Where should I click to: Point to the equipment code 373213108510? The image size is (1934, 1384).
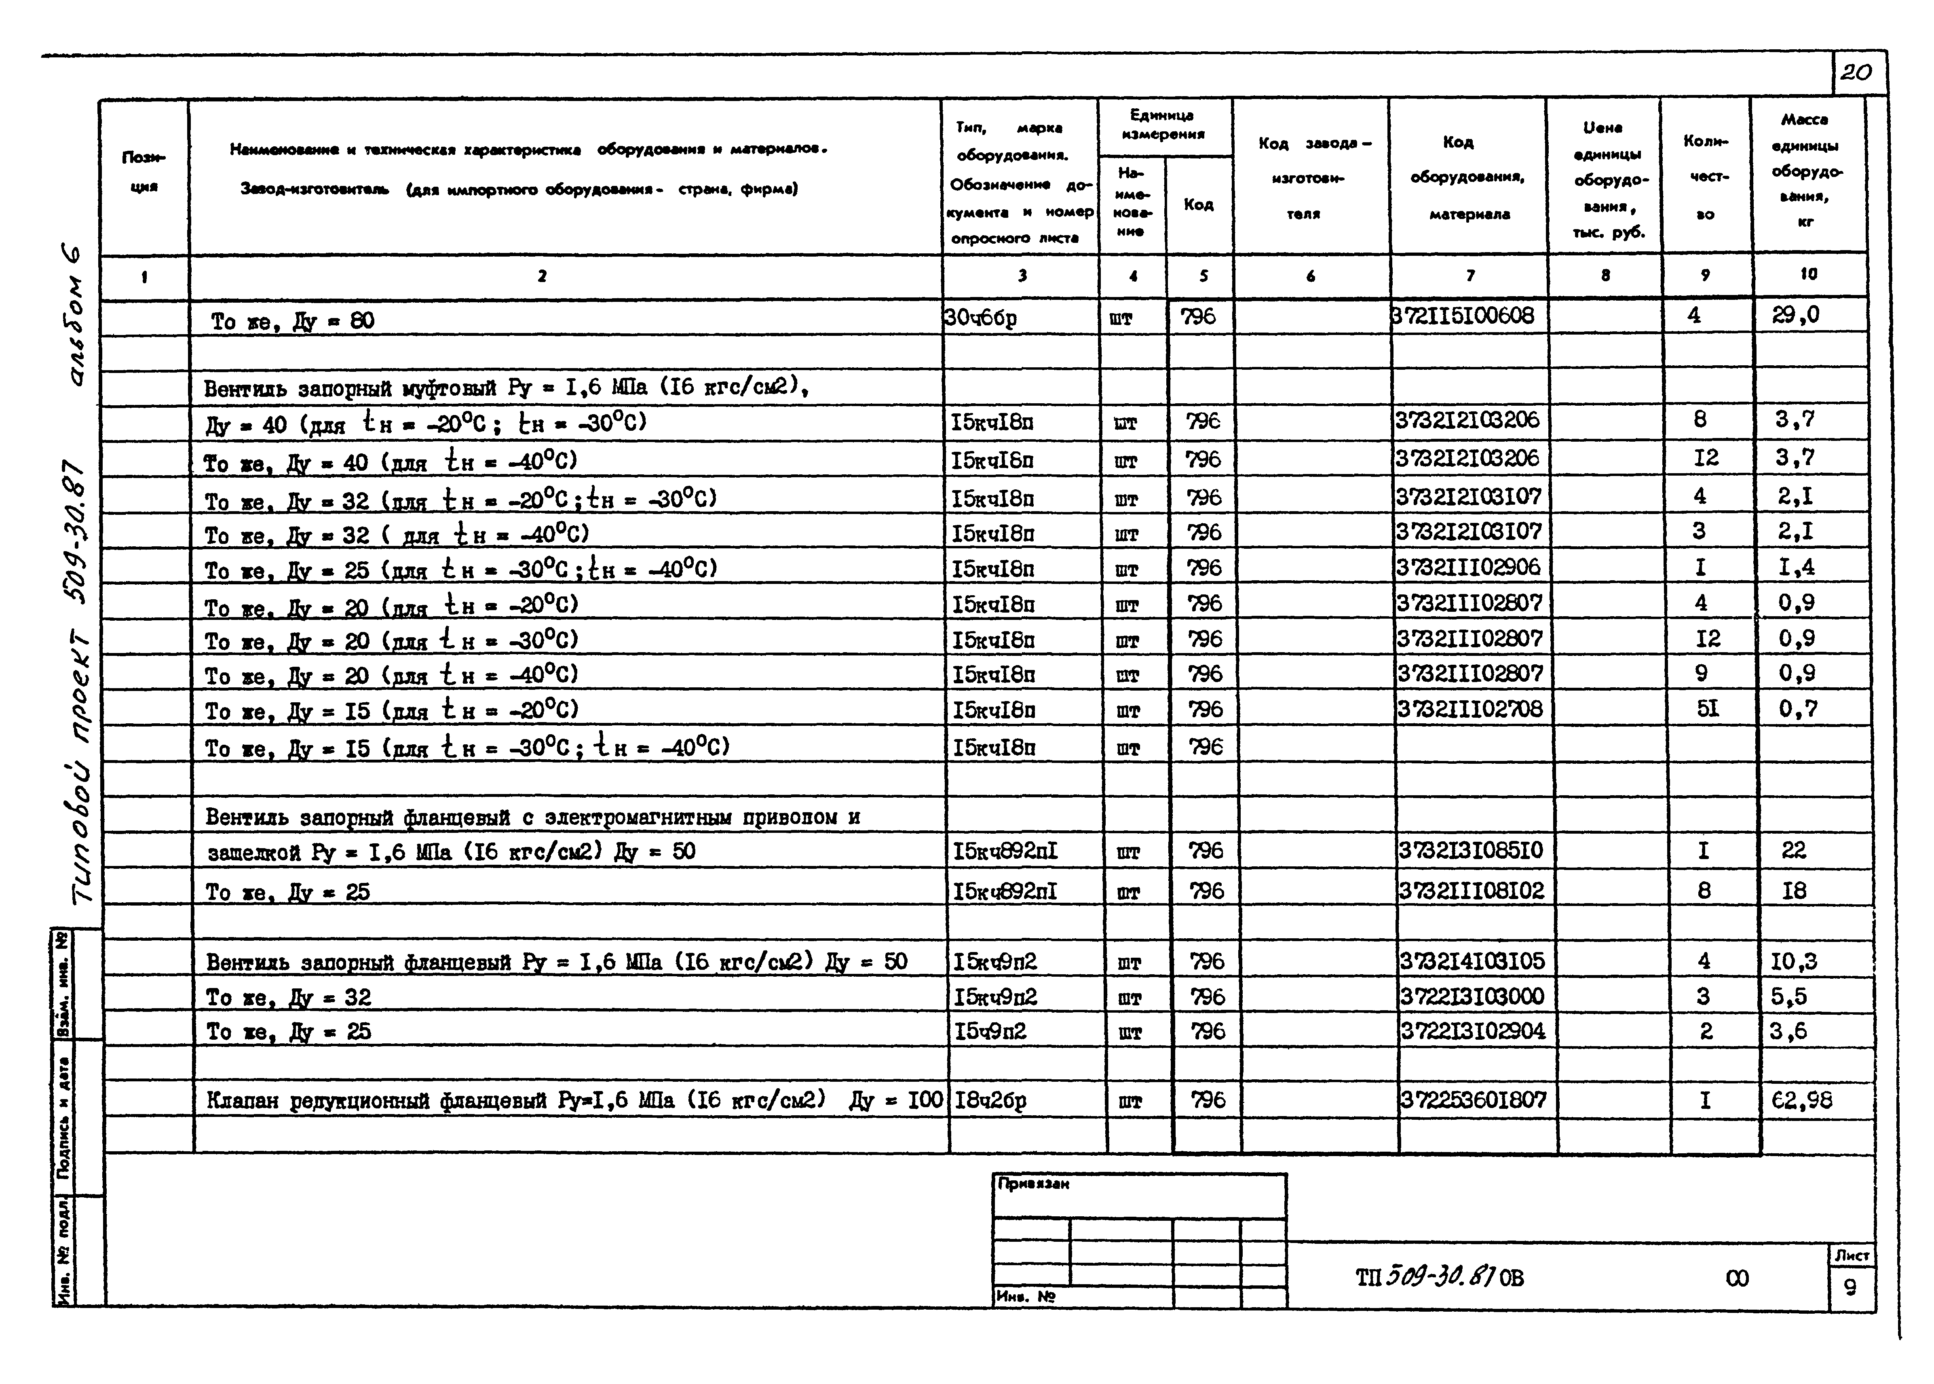[x=1470, y=851]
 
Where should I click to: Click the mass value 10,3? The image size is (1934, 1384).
[x=1793, y=961]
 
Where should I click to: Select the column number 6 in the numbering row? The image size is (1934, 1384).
[x=1310, y=275]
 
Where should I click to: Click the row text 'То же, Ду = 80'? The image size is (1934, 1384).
[x=292, y=321]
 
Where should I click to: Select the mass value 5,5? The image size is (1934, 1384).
[x=1788, y=996]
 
